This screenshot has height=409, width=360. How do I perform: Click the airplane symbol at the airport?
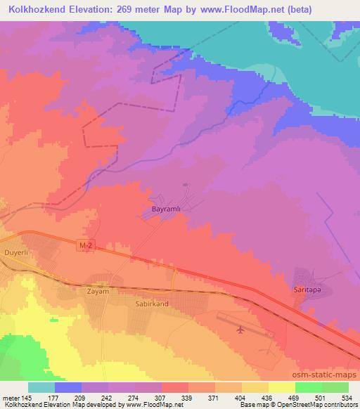tap(241, 329)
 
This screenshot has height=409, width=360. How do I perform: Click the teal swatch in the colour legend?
tap(41, 387)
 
